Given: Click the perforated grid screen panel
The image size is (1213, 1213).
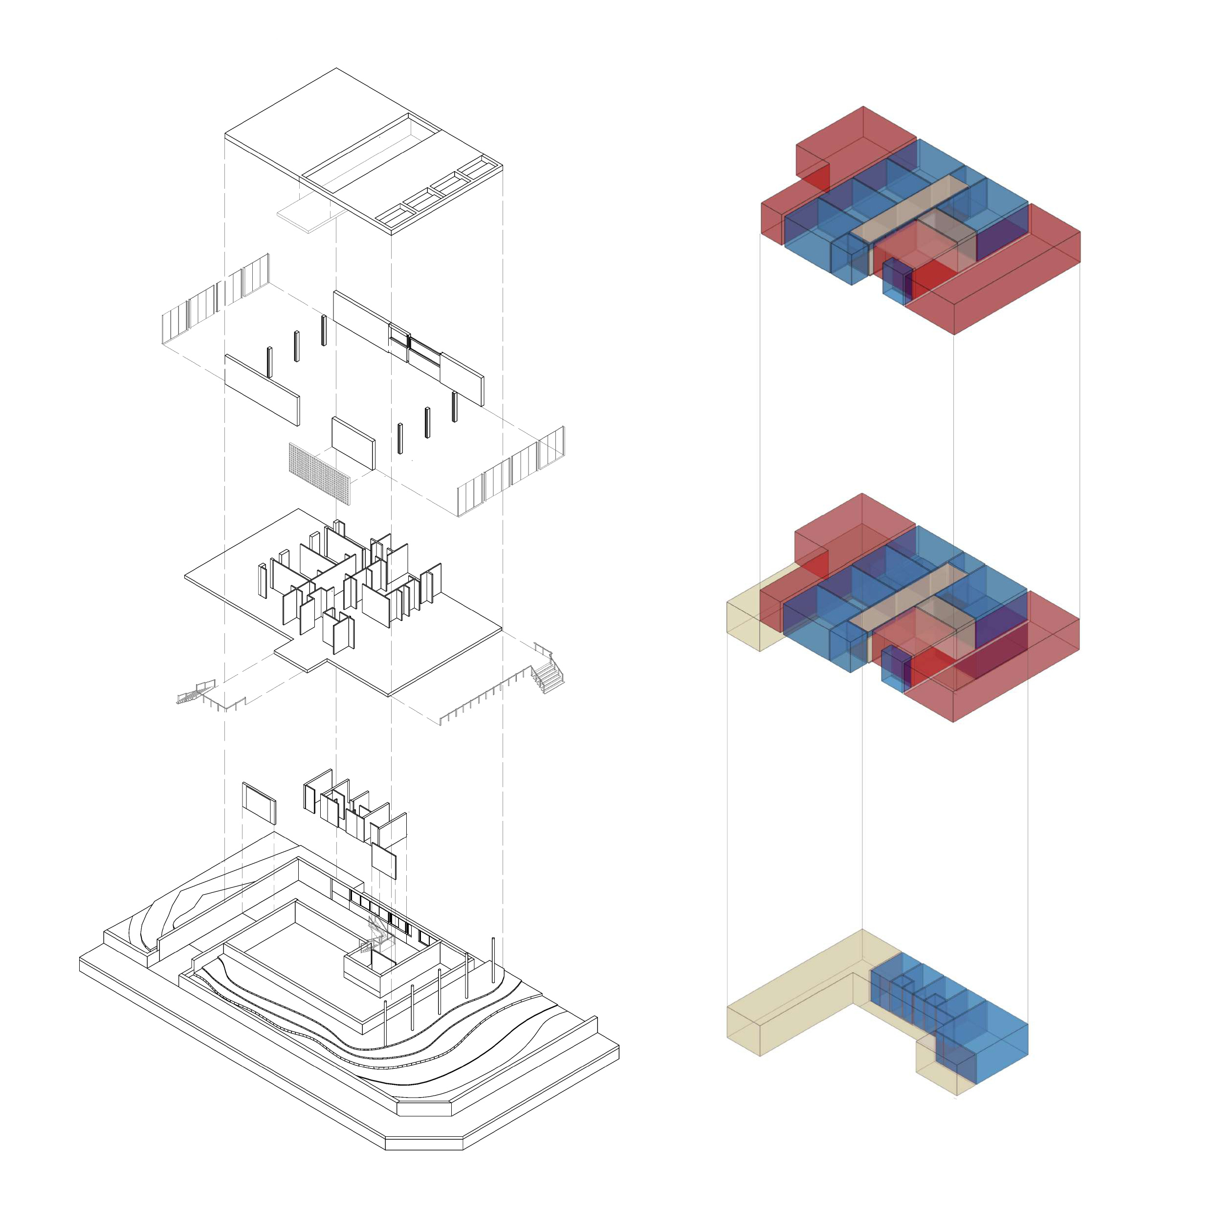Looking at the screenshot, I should tap(320, 473).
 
